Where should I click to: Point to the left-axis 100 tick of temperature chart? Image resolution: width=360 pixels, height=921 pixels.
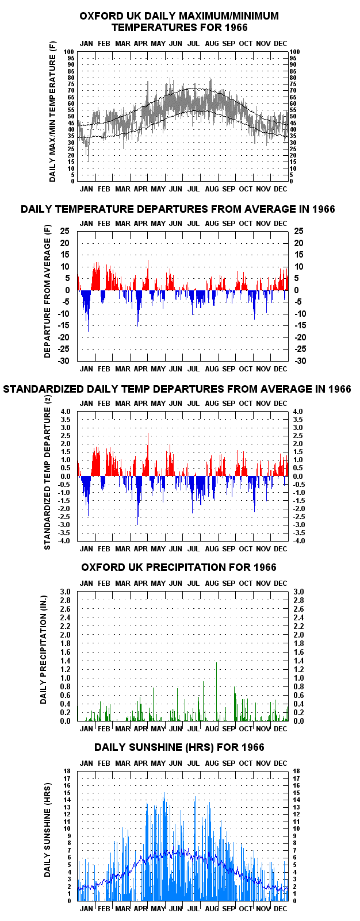[x=68, y=52]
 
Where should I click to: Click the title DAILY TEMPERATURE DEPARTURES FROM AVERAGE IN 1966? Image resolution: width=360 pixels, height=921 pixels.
[x=178, y=209]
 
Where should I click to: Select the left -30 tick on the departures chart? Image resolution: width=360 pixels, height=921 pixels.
[x=64, y=360]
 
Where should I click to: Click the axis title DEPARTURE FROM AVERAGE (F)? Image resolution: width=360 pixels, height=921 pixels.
[x=47, y=291]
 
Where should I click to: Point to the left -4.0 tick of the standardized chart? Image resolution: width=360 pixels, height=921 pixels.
[x=64, y=540]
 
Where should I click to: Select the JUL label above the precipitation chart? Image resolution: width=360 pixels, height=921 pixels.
[x=193, y=584]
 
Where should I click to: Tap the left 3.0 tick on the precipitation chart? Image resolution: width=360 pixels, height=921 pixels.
[x=66, y=592]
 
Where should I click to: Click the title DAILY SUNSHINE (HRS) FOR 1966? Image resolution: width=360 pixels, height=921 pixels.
[x=179, y=747]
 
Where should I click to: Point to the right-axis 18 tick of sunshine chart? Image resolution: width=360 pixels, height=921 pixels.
[x=296, y=771]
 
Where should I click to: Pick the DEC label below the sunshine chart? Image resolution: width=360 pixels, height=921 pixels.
[x=281, y=908]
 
